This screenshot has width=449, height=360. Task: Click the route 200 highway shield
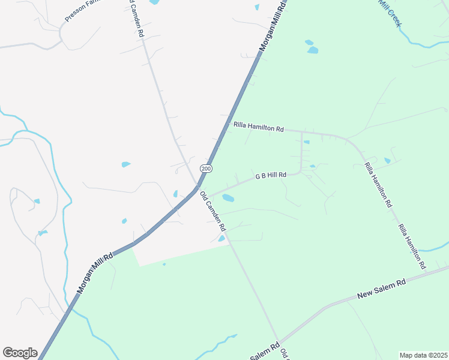pos(206,169)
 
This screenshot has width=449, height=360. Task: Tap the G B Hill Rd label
pos(271,176)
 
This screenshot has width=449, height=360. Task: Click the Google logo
pos(20,353)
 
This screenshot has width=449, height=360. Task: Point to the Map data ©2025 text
pos(423,355)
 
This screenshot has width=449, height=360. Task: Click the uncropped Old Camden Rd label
pos(212,212)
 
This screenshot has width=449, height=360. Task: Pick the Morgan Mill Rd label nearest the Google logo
pos(95,274)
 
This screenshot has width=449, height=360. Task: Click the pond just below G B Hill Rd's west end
pos(228,197)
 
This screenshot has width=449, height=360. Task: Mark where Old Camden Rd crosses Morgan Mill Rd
pos(197,187)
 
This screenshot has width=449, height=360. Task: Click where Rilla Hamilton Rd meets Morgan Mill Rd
pos(229,123)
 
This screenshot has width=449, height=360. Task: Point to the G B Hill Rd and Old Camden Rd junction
pos(207,197)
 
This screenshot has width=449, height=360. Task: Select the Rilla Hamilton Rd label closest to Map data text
pos(412,246)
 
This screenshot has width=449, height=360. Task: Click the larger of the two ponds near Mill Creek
pos(312,50)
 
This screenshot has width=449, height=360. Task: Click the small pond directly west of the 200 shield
pos(126,164)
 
